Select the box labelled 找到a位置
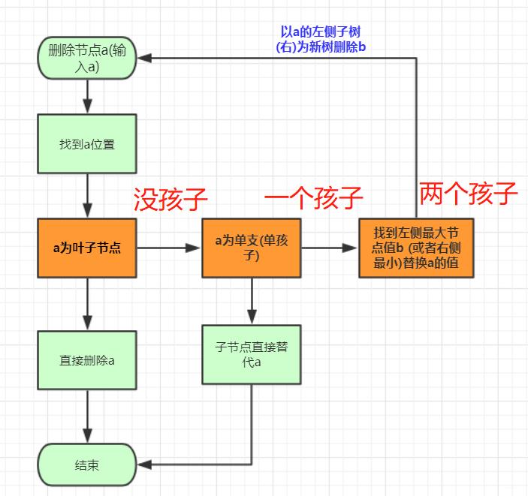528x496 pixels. (87, 144)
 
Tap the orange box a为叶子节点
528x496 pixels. (87, 247)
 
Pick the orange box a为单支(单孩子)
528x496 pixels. (251, 247)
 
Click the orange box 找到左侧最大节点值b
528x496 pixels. (415, 248)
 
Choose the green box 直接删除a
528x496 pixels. (87, 359)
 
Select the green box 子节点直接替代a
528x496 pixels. (251, 353)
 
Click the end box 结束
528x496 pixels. (87, 465)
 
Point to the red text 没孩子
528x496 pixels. (170, 199)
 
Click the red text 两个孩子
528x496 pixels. (469, 194)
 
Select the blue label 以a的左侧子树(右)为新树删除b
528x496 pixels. (321, 40)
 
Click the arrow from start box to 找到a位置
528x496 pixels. (87, 95)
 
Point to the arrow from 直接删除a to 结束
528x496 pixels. (87, 414)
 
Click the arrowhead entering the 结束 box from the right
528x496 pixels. (144, 465)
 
